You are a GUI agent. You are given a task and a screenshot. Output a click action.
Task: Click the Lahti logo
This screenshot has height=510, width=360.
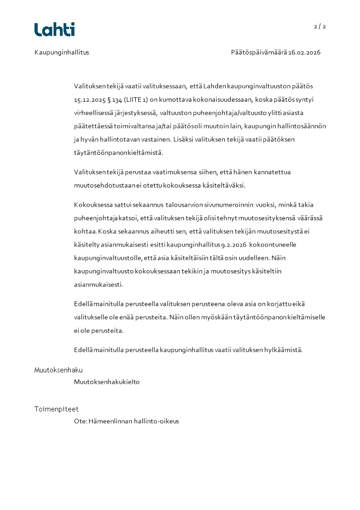click(54, 30)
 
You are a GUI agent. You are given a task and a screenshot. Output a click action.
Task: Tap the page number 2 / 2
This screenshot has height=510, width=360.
click(320, 26)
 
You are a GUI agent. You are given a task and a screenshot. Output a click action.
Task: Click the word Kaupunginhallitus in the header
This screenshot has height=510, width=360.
click(62, 52)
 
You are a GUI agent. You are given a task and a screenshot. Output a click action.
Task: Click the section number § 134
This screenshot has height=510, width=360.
click(113, 99)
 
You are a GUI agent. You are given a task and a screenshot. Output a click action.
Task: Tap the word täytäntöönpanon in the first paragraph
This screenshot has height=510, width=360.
click(99, 153)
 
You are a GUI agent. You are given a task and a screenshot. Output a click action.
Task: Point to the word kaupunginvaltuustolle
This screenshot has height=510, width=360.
click(105, 258)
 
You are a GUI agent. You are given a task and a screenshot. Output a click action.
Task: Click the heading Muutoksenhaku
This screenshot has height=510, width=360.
click(59, 370)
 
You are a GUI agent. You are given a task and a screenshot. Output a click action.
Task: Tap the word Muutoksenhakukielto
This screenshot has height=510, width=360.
click(107, 382)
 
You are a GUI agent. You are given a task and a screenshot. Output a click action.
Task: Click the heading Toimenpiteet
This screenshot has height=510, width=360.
click(56, 409)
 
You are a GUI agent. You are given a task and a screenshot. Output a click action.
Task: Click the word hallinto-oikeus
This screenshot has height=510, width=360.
click(156, 421)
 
